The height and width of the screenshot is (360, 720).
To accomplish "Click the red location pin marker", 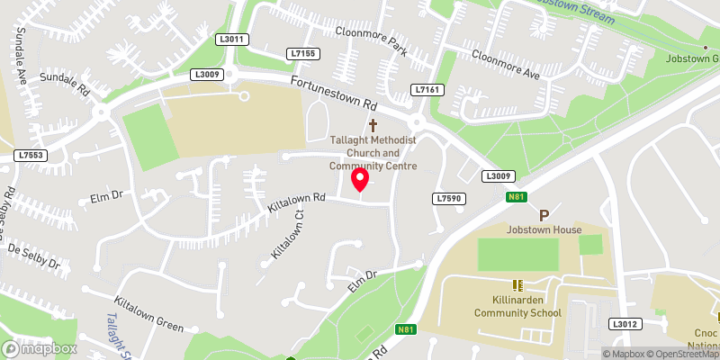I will [360, 179].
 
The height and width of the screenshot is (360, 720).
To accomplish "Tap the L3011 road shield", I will [231, 40].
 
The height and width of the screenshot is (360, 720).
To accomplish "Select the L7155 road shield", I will [304, 54].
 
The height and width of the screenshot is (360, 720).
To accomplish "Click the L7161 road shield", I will [426, 90].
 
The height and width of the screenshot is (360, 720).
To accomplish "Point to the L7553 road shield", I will [30, 156].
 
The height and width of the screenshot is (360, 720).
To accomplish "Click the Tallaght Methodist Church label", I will [373, 153].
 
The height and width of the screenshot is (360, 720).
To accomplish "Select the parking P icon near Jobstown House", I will [544, 215].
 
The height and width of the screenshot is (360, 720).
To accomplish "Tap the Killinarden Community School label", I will [516, 306].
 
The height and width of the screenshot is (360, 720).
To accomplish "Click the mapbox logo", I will [39, 348].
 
